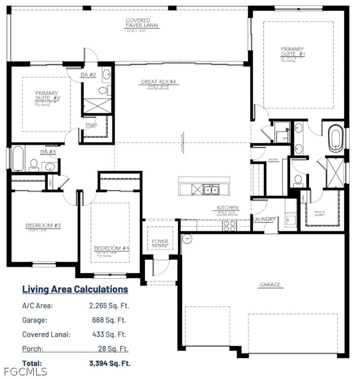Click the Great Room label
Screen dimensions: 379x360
pyautogui.click(x=158, y=82)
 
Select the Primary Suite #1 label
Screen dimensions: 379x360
pyautogui.click(x=293, y=52)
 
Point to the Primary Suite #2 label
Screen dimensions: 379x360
pyautogui.click(x=46, y=96)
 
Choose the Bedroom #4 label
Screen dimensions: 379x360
pyautogui.click(x=111, y=248)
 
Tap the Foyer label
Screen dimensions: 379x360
pyautogui.click(x=160, y=242)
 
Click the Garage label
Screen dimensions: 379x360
pyautogui.click(x=270, y=285)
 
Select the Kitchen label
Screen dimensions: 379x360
pyautogui.click(x=227, y=208)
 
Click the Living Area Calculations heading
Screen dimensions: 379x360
pyautogui.click(x=75, y=289)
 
